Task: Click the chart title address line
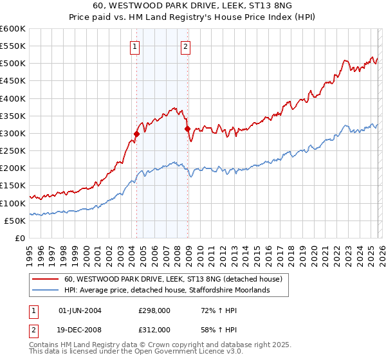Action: (193, 6)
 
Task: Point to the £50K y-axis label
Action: (15, 221)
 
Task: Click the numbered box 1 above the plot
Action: (135, 46)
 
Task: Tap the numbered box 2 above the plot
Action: (185, 46)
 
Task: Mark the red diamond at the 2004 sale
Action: (136, 134)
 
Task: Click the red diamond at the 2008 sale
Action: (187, 129)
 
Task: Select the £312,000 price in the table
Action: (154, 330)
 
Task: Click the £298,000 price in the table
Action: (154, 310)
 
